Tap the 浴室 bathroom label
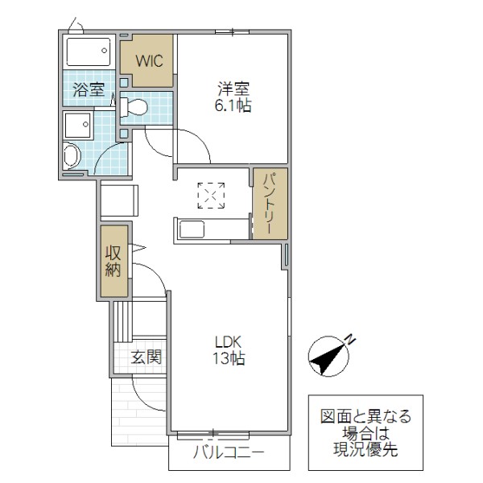tap(88, 89)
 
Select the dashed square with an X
tap(212, 196)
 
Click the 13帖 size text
tap(229, 358)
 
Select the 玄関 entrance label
tap(147, 356)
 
